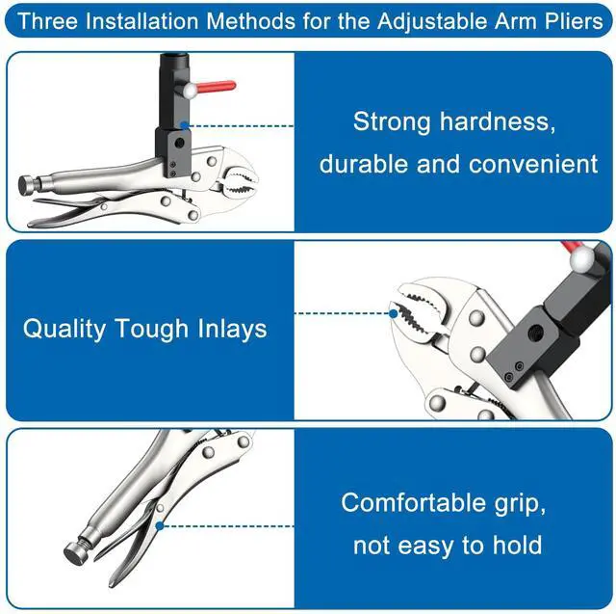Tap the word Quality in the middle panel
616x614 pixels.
point(64,329)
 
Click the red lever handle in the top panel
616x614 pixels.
point(216,86)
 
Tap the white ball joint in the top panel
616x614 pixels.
point(192,91)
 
